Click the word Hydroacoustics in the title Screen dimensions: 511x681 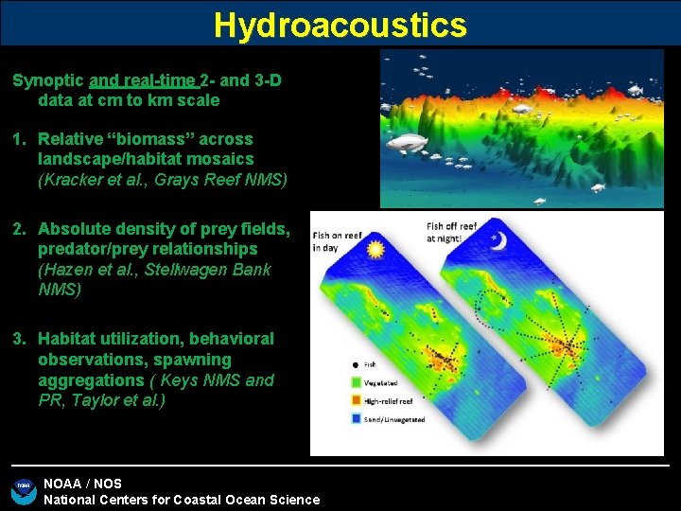[340, 25]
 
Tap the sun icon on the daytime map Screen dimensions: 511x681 [375, 250]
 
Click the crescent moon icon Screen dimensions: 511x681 [498, 241]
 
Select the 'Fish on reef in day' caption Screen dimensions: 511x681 [336, 242]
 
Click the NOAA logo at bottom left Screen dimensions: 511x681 [23, 490]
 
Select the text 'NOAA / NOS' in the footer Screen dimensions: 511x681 [82, 484]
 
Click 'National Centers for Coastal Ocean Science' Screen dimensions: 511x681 [182, 500]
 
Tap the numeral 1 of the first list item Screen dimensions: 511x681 [17, 139]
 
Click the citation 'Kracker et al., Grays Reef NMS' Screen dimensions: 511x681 [163, 180]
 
